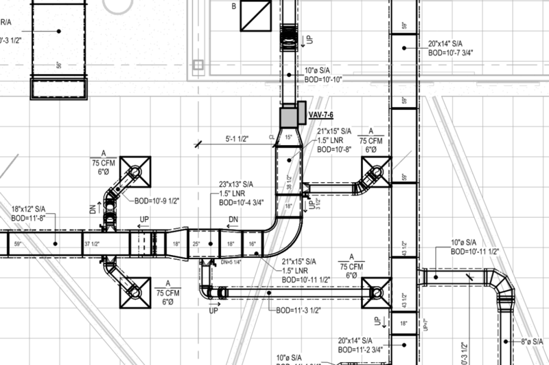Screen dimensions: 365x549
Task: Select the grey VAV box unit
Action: coord(289,116)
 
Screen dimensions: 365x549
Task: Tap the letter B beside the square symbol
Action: coord(233,7)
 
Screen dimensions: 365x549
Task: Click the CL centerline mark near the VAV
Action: coord(271,137)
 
